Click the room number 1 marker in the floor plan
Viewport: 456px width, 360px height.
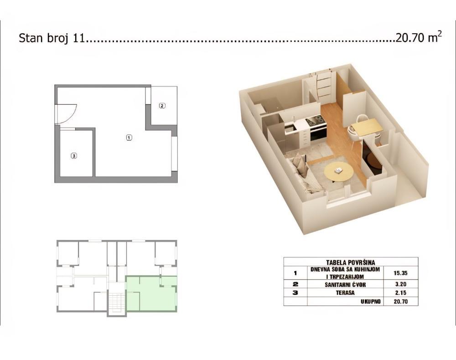129,137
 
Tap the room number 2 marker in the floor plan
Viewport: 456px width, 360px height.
162,106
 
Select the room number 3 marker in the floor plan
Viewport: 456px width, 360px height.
74,156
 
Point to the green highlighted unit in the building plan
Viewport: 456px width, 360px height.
150,294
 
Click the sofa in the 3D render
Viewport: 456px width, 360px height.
303,173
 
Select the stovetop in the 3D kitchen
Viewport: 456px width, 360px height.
316,121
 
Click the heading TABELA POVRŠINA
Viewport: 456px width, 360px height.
351,262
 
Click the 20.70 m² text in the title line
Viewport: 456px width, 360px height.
419,38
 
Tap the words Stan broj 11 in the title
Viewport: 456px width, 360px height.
52,38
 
